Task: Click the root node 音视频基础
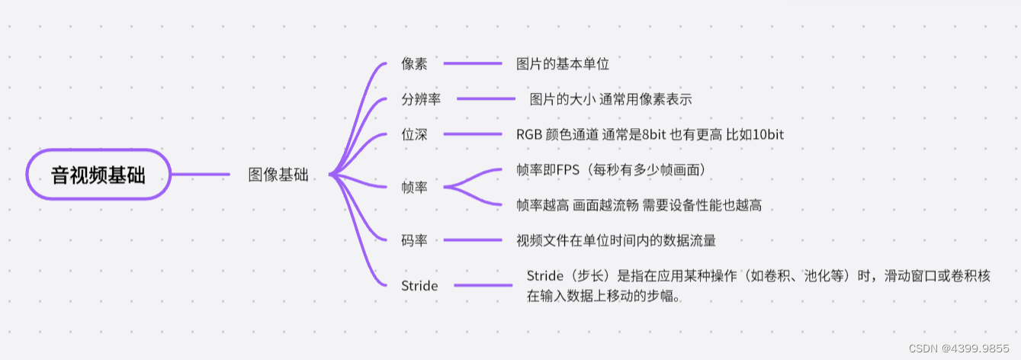[x=98, y=175]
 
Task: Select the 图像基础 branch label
[x=278, y=175]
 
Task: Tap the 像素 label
[x=414, y=64]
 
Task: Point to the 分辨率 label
[x=421, y=99]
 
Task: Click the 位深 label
[x=414, y=134]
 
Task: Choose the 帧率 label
[x=414, y=187]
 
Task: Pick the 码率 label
[x=414, y=240]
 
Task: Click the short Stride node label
[x=419, y=286]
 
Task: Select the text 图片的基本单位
[x=563, y=64]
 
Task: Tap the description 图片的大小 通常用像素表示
[x=611, y=99]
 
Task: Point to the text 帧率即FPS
[x=610, y=169]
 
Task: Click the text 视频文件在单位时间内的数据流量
[x=616, y=240]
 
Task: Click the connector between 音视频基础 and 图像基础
[x=201, y=175]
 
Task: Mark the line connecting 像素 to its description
[x=473, y=64]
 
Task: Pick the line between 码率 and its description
[x=473, y=240]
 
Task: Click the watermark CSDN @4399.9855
[x=963, y=348]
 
